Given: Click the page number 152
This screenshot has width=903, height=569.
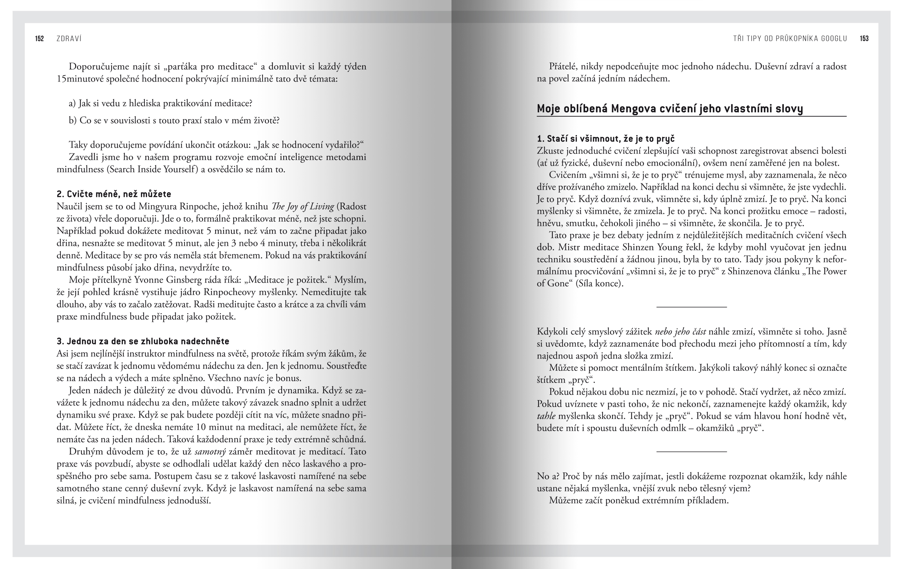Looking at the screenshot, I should [x=40, y=39].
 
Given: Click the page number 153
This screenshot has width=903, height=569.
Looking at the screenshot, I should [x=864, y=39].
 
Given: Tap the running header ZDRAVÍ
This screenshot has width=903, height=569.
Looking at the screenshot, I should [x=69, y=39].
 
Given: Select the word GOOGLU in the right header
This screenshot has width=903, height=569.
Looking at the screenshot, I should [x=833, y=39].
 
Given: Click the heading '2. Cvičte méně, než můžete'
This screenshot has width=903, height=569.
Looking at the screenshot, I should [x=114, y=194].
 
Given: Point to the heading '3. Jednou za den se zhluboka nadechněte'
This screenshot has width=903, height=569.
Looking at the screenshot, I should [x=143, y=341].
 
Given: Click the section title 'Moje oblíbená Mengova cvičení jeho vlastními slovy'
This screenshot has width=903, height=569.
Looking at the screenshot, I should [x=669, y=109].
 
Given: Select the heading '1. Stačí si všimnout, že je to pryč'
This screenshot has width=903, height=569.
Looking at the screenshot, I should [x=606, y=139].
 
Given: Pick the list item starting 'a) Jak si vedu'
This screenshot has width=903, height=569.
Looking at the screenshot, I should [x=160, y=104].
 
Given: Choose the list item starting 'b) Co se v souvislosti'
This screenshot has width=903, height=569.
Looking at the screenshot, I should [x=174, y=121].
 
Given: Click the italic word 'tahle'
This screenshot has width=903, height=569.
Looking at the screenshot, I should [x=546, y=416].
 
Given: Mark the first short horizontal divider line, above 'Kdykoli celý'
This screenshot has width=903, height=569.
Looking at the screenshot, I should [x=692, y=306].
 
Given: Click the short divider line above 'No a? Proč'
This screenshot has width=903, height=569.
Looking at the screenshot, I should [x=692, y=452].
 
